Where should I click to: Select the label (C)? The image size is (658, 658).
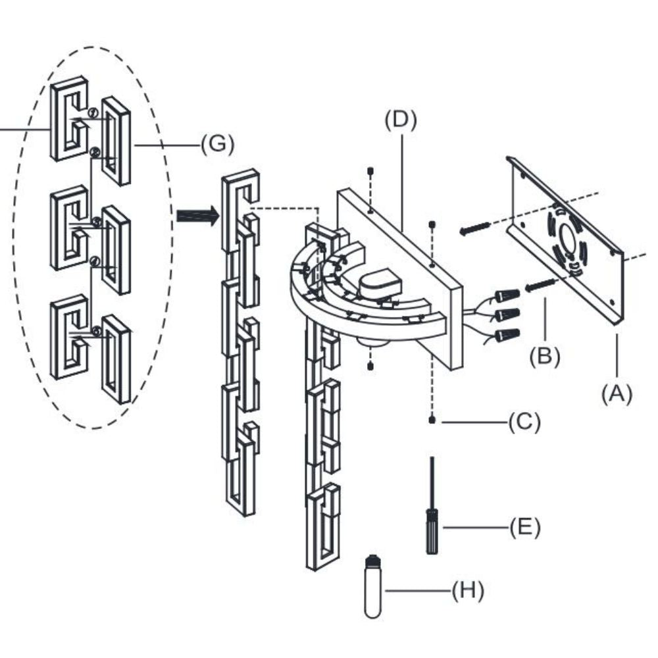coord(524,422)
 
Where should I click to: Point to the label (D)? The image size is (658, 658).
coord(401,121)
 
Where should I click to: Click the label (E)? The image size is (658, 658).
coord(524,526)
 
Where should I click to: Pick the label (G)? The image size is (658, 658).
coord(217,144)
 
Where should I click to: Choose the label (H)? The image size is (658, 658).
coord(467,590)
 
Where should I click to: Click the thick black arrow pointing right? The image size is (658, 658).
coord(197,216)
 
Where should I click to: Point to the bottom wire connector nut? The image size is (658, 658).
coord(507,336)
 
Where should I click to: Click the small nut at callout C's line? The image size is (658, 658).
coord(431,420)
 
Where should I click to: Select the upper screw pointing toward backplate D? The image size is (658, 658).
coord(474,228)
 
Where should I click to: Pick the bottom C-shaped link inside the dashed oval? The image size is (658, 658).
coord(69,336)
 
